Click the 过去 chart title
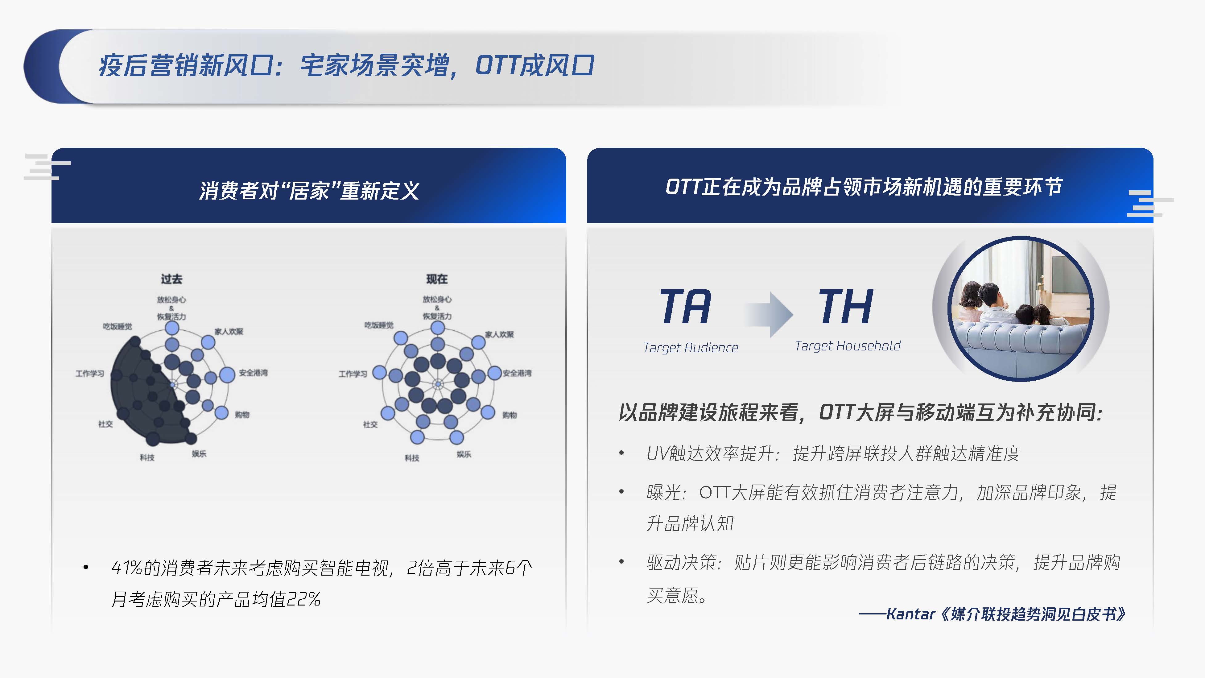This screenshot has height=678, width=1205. click(171, 279)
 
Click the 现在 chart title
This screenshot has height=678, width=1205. click(437, 279)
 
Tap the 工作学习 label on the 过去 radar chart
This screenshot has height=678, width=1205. click(90, 373)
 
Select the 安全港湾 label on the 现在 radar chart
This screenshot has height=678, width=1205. click(517, 373)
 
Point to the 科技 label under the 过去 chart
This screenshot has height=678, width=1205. click(147, 458)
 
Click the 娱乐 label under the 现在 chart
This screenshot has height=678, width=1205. click(464, 454)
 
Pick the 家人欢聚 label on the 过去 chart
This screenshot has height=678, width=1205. click(229, 332)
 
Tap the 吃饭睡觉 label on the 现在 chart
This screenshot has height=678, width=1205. click(379, 325)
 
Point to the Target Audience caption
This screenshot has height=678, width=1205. click(691, 348)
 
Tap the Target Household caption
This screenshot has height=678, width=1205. click(848, 346)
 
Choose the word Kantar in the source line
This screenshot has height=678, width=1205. click(910, 614)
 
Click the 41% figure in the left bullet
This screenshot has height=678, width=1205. click(127, 568)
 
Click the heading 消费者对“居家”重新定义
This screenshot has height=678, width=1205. click(309, 190)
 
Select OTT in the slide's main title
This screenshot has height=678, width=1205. click(497, 65)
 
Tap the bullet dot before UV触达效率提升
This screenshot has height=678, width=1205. click(621, 453)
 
